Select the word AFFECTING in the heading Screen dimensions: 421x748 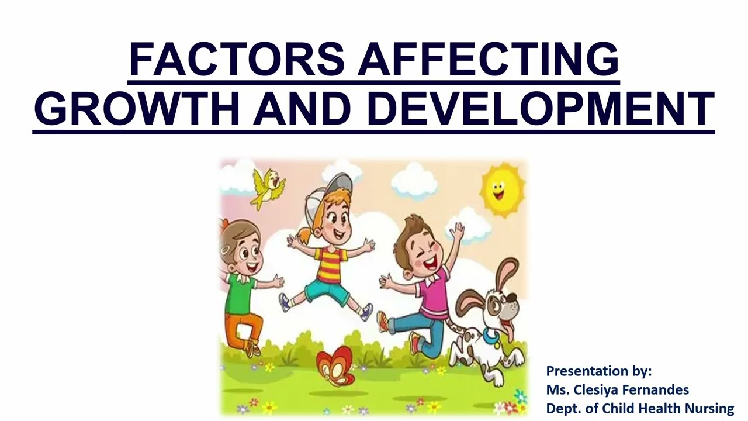point(489,60)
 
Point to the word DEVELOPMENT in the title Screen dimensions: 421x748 point(541,109)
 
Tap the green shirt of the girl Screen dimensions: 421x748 point(240,292)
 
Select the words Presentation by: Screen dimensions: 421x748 point(598,371)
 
